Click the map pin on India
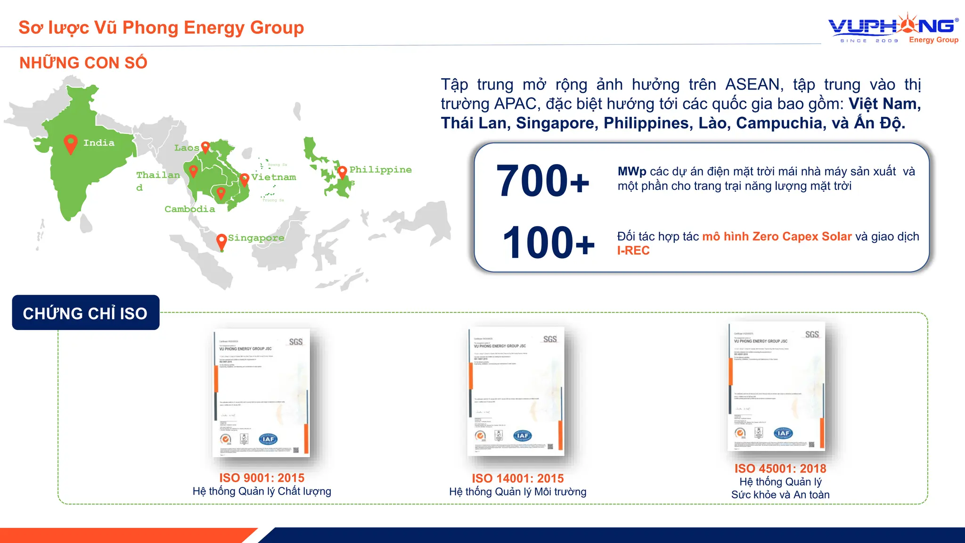point(71,143)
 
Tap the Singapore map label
point(256,238)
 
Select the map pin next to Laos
point(205,147)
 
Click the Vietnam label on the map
point(273,177)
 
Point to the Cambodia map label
point(189,209)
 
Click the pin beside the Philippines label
point(343,171)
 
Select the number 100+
point(548,242)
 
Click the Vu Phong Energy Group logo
point(893,28)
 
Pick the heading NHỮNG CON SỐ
point(83,63)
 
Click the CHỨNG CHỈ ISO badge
point(85,313)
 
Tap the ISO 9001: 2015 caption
point(262,477)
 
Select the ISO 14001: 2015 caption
point(517,478)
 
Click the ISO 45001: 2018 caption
point(780,469)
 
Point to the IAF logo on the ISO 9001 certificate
point(268,439)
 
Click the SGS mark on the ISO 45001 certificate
point(812,335)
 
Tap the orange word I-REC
point(633,251)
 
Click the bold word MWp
point(631,172)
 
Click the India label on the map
point(99,143)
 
